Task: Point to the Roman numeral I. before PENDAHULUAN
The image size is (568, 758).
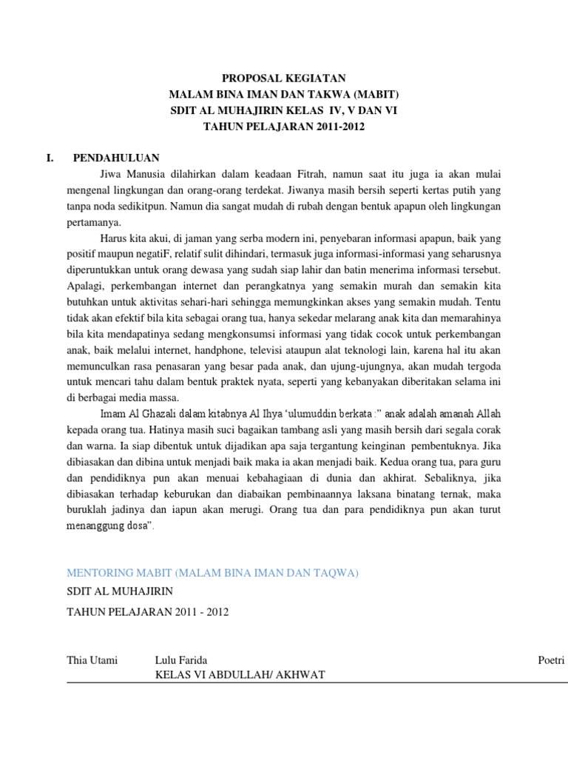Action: click(50, 158)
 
